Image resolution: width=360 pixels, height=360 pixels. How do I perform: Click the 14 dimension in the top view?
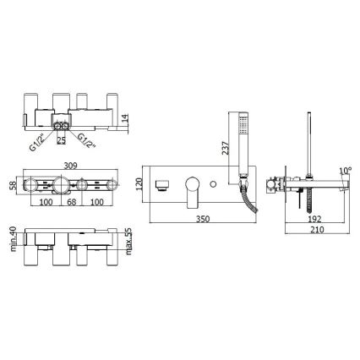(124, 119)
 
